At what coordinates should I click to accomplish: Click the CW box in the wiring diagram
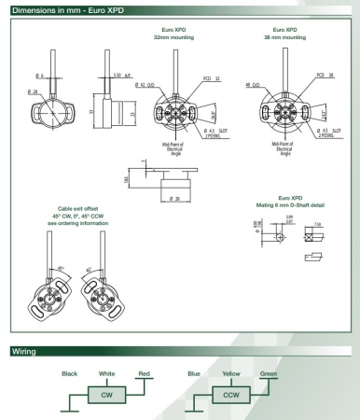point(106,396)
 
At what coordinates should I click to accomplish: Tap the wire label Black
point(69,374)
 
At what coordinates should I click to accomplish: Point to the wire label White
point(106,374)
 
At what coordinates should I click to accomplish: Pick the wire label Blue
point(193,374)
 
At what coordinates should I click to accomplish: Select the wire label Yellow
point(231,374)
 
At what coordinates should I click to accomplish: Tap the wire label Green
point(269,374)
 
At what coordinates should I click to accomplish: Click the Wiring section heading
point(23,353)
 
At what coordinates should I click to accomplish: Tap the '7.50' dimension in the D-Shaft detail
point(320,224)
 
